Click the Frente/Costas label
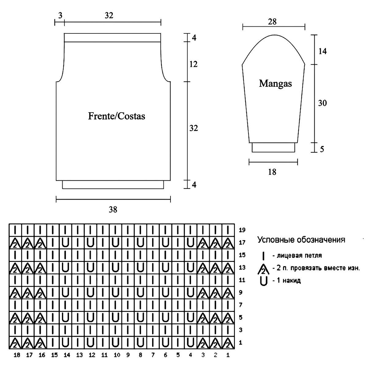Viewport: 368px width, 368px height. pyautogui.click(x=117, y=116)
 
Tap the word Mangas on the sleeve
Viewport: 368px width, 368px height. pyautogui.click(x=275, y=83)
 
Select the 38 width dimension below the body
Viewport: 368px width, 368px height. pyautogui.click(x=113, y=210)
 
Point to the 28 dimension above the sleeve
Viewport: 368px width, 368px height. pyautogui.click(x=272, y=22)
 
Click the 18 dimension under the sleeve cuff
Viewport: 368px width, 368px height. pyautogui.click(x=272, y=172)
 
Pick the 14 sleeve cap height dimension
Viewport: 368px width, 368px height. pyautogui.click(x=322, y=51)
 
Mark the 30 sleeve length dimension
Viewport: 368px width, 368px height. pyautogui.click(x=322, y=103)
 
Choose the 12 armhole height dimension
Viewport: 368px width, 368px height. pyautogui.click(x=194, y=64)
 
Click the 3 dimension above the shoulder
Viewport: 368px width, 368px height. pyautogui.click(x=60, y=16)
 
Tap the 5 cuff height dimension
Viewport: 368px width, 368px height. pyautogui.click(x=322, y=149)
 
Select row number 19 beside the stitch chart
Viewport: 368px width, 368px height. pyautogui.click(x=242, y=230)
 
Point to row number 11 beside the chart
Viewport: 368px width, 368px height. pyautogui.click(x=242, y=280)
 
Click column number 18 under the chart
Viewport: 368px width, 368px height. pyautogui.click(x=17, y=355)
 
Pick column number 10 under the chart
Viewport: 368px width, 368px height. pyautogui.click(x=117, y=355)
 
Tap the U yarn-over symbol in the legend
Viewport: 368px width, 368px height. pyautogui.click(x=263, y=281)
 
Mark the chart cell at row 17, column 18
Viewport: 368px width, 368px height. pyautogui.click(x=15, y=243)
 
